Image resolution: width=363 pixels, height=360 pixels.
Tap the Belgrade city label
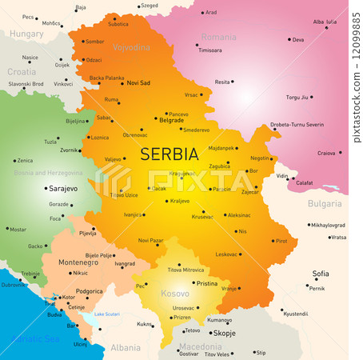[x=171, y=121]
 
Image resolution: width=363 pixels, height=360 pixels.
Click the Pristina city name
[x=207, y=283]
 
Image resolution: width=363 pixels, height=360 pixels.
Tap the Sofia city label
[x=321, y=273]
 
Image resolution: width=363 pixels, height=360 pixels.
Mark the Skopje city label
[x=225, y=333]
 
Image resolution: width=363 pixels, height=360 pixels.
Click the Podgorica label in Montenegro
[x=88, y=291]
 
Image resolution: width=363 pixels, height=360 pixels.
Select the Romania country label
[x=218, y=37]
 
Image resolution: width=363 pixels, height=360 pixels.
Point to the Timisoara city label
[x=209, y=50]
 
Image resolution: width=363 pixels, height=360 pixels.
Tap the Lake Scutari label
[x=106, y=314]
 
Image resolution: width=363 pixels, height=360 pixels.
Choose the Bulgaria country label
[x=325, y=204]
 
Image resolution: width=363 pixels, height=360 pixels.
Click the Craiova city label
[x=326, y=153]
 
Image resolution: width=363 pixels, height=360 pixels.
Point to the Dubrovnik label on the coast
[x=14, y=284]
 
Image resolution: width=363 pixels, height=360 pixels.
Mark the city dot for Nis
[x=235, y=231]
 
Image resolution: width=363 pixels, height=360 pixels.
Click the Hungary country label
[x=27, y=34]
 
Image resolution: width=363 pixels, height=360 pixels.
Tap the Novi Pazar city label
[x=150, y=240]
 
